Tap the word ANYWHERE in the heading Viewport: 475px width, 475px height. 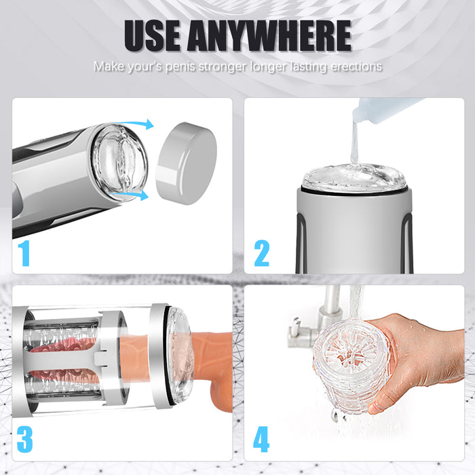point(269,35)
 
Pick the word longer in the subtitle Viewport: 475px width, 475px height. point(269,67)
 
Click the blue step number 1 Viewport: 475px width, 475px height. point(24,253)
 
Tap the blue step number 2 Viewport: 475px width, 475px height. point(262,253)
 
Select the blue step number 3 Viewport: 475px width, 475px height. point(25,439)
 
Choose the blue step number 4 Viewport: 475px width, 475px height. point(261,439)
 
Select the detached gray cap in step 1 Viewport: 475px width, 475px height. point(187,164)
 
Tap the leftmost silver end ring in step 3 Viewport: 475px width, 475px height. point(20,360)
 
